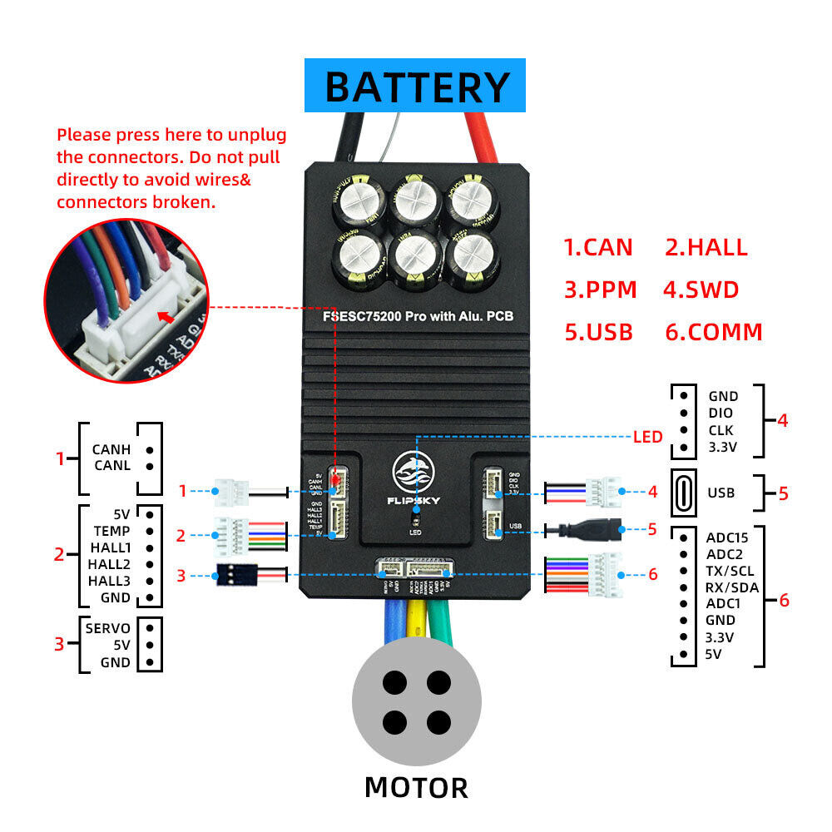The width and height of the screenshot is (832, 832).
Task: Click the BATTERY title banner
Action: tap(415, 86)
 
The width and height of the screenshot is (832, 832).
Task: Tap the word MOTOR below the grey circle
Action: tap(416, 786)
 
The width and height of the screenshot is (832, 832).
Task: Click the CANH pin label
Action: tap(111, 450)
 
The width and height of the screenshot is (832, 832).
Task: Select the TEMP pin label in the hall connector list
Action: tap(111, 530)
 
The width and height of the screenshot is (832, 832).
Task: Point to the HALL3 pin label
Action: tap(109, 581)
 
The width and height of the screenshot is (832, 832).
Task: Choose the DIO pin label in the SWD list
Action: tap(721, 414)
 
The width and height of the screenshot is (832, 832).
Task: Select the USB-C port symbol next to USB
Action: tap(683, 493)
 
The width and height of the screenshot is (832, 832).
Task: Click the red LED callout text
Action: tap(647, 436)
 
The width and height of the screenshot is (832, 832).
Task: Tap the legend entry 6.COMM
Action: tap(713, 332)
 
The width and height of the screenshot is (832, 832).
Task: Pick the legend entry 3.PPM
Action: tap(600, 290)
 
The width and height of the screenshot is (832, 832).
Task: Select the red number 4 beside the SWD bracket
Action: tap(781, 420)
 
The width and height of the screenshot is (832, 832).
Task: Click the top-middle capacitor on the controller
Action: tap(416, 199)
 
